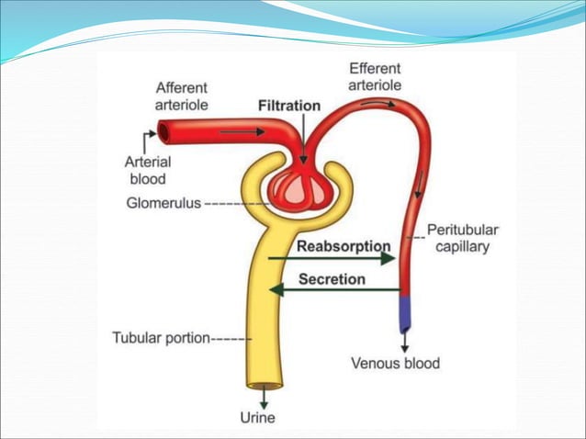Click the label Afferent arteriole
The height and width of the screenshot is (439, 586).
181,96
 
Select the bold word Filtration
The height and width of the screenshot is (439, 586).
289,106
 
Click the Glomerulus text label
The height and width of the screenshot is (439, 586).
163,203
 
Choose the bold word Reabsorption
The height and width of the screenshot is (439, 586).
344,246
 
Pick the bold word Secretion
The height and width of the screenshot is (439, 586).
331,279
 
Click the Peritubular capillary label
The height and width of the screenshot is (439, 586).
462,239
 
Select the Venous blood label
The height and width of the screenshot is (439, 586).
395,363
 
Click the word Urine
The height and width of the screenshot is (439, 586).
257,418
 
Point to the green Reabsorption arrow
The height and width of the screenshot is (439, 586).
331,260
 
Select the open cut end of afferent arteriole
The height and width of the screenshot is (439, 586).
163,133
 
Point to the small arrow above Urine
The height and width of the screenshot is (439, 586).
264,399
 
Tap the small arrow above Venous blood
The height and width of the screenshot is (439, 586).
404,343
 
